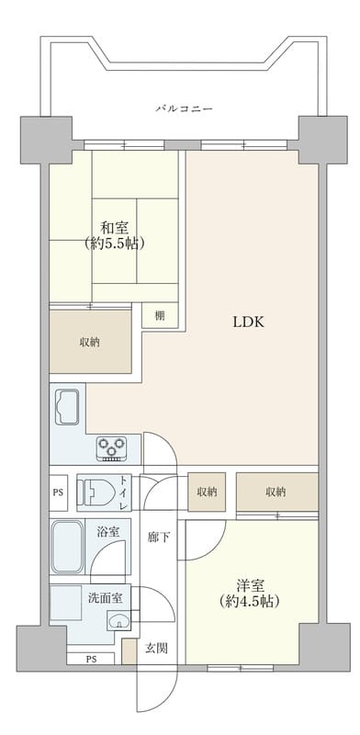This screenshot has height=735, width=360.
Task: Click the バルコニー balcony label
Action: click(x=184, y=108)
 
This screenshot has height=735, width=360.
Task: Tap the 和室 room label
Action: click(x=114, y=228)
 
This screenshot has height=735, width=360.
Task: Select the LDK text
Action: click(x=248, y=322)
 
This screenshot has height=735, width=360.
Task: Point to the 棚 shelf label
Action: click(x=160, y=316)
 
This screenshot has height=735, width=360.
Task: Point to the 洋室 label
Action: click(x=243, y=584)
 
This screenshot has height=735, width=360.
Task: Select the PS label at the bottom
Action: click(x=92, y=659)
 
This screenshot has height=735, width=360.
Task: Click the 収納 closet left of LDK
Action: click(x=89, y=342)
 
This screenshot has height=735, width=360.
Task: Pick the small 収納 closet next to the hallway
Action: click(x=207, y=492)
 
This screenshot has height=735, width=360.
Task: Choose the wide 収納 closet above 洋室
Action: click(x=276, y=492)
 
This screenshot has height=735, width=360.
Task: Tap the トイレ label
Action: click(x=124, y=492)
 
